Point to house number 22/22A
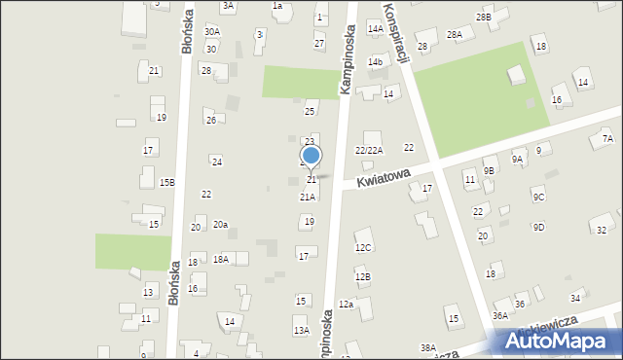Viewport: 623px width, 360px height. (x=369, y=150)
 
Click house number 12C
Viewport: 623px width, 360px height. (x=363, y=248)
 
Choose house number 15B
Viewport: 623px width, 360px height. (x=167, y=182)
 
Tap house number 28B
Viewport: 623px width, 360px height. (x=484, y=18)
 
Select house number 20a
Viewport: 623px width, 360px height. (x=221, y=225)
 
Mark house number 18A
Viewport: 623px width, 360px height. (x=221, y=259)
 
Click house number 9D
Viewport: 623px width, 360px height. (x=538, y=227)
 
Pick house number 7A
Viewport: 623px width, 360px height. (x=607, y=139)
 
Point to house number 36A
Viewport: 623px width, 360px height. (x=500, y=315)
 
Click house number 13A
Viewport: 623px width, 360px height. (x=302, y=331)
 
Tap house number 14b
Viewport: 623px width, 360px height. (x=375, y=62)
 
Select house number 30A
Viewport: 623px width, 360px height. (x=212, y=32)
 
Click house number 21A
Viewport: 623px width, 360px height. (x=307, y=197)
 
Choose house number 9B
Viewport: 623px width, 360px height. (x=489, y=170)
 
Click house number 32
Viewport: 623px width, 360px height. (x=602, y=230)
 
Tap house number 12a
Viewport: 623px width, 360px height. (x=346, y=305)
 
